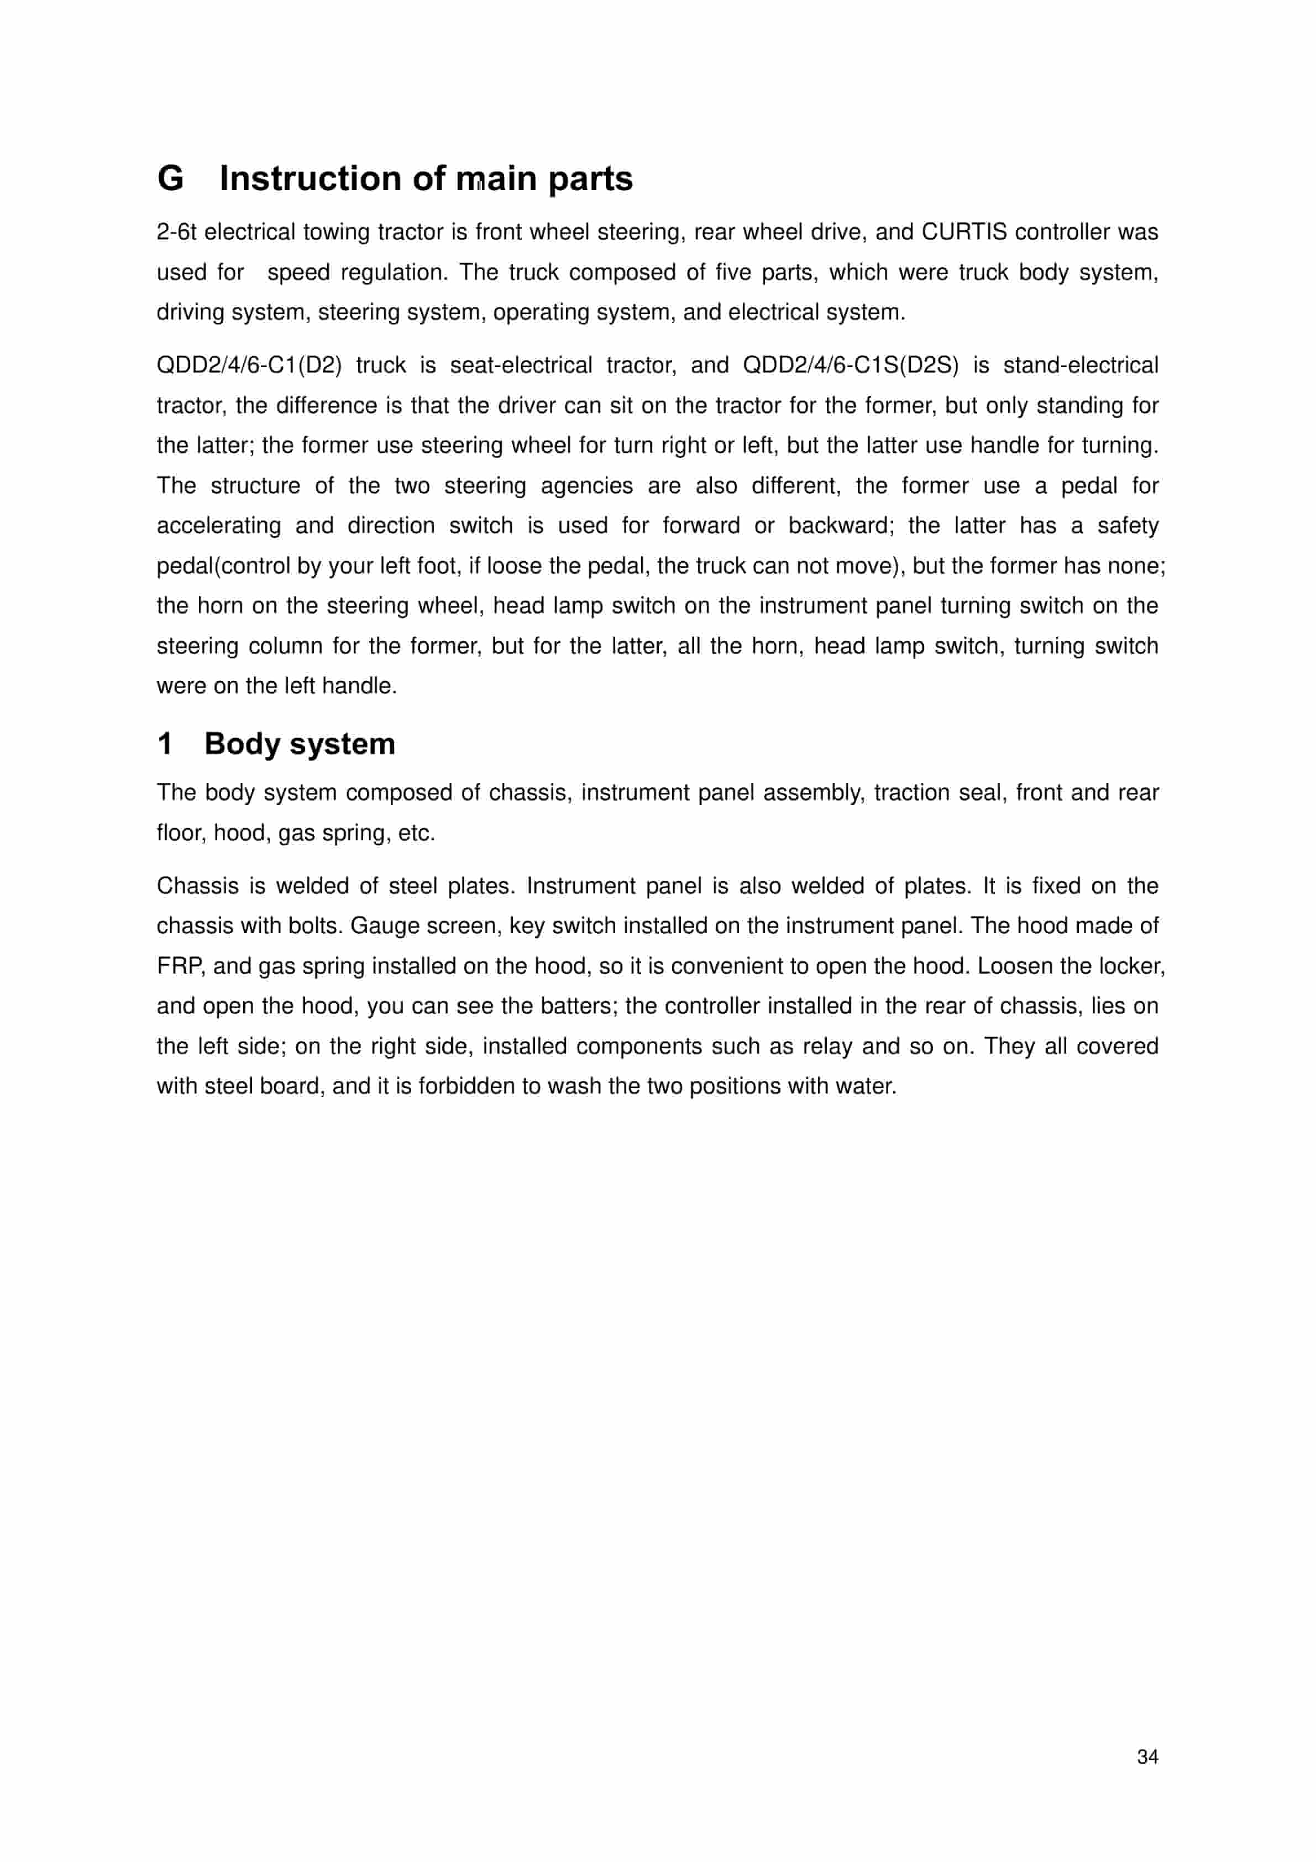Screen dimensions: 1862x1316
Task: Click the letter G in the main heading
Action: click(x=170, y=179)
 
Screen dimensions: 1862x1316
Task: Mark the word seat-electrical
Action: click(x=521, y=366)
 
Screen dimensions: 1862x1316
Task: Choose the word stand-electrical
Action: click(x=1081, y=366)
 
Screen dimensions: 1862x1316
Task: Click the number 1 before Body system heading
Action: click(x=165, y=744)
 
